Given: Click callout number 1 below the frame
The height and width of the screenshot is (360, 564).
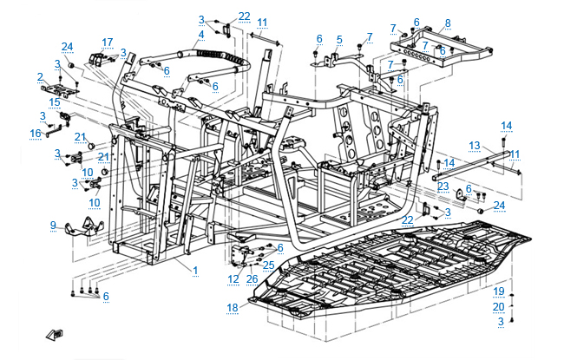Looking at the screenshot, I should (195, 271).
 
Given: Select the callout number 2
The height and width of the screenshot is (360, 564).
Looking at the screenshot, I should (40, 76).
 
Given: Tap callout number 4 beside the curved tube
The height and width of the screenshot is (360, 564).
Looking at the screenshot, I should (200, 35).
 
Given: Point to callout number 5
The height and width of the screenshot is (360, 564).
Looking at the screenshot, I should (339, 39).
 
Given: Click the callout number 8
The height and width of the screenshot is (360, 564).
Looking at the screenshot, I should (447, 23).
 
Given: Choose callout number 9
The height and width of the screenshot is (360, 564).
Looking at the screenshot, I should (54, 226).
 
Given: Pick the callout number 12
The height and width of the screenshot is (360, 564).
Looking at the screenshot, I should (233, 278).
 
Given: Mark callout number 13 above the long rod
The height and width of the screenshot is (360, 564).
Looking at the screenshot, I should (475, 145).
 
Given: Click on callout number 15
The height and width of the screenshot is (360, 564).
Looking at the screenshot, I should (55, 101).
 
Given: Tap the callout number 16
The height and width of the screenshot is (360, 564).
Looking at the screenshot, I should (36, 133).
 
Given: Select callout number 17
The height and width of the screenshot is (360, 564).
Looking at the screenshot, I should (108, 42).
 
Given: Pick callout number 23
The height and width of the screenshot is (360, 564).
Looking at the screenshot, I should (443, 187).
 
